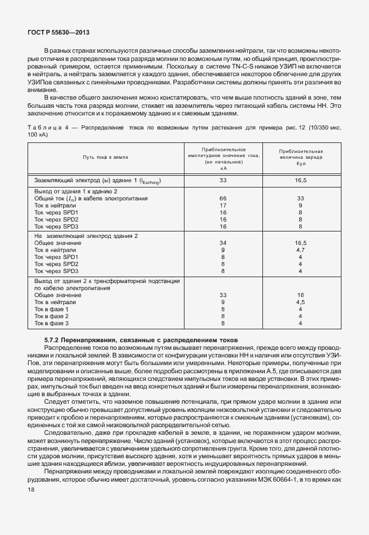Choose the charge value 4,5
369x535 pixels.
tap(300, 302)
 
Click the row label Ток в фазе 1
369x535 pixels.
tap(52, 309)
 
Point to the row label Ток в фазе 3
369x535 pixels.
tap(52, 323)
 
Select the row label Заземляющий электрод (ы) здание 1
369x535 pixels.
tap(97, 180)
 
